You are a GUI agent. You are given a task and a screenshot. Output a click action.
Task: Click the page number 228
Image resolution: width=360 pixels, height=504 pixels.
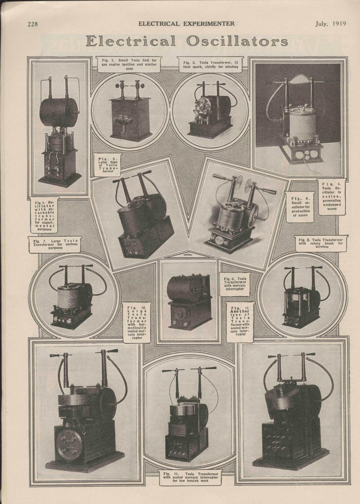(33, 24)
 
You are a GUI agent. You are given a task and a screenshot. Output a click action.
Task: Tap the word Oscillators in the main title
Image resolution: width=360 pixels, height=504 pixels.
(244, 41)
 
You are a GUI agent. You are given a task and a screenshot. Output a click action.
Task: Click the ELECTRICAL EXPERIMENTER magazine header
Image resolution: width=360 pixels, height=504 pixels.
(186, 24)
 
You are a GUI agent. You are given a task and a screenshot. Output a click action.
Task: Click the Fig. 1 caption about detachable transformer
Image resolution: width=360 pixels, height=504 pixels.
(44, 215)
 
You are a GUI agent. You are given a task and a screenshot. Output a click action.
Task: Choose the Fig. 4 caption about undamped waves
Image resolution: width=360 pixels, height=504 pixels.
(331, 197)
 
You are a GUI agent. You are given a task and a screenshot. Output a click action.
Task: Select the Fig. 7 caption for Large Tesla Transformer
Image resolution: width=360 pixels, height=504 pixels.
(55, 245)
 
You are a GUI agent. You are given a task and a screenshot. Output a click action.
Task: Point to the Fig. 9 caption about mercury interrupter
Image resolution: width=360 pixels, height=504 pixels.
(234, 284)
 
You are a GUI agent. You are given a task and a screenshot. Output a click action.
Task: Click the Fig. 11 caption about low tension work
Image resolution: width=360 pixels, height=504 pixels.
(190, 477)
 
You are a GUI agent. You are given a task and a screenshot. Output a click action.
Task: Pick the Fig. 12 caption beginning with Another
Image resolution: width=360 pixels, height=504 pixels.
(240, 322)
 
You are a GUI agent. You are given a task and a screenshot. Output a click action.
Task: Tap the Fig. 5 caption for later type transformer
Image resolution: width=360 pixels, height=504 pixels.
(107, 165)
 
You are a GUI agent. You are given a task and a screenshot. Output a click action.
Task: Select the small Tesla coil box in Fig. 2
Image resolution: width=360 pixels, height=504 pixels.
(130, 118)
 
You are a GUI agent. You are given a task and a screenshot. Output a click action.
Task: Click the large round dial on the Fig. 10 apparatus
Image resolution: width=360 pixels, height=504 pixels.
(69, 444)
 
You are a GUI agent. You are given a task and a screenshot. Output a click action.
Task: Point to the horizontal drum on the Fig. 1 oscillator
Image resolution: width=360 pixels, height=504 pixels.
(59, 112)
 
